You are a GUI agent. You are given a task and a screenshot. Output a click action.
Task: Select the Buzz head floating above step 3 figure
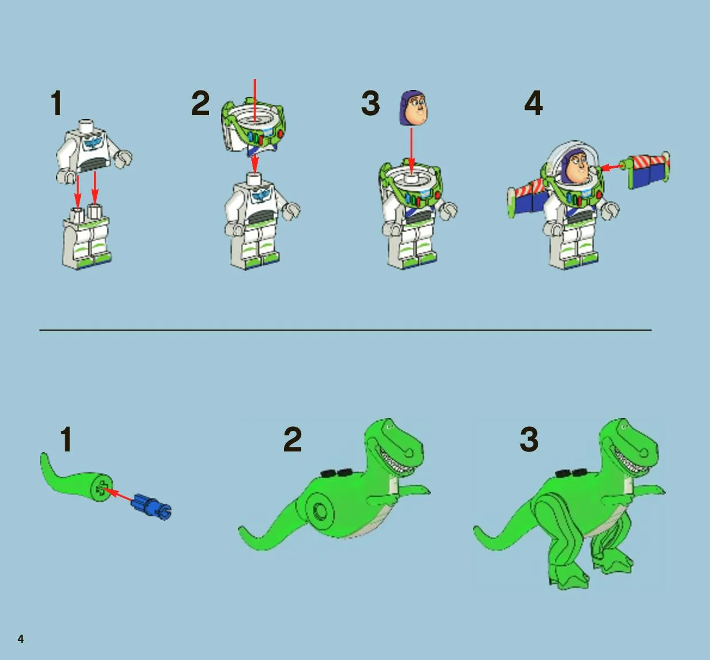point(413,108)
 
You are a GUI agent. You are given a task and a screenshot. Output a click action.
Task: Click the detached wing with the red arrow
point(648,170)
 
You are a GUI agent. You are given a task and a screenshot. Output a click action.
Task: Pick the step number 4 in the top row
point(534,103)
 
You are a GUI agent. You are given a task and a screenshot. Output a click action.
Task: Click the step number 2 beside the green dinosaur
point(293,439)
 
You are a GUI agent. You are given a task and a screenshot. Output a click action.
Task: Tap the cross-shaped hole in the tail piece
point(101,489)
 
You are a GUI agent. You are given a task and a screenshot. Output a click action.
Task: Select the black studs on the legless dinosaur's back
point(336,473)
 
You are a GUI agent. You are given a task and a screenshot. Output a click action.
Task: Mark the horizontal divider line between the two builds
point(345,330)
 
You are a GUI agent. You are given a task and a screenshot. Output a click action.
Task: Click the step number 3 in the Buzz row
point(370,103)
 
